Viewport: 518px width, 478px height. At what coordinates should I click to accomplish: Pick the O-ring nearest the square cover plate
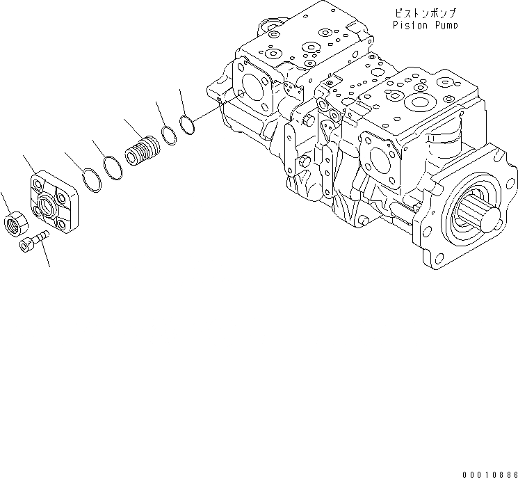[x=88, y=179]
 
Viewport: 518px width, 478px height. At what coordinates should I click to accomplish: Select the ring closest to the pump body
[x=186, y=124]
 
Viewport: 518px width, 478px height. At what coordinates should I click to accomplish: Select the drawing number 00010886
[x=487, y=472]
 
